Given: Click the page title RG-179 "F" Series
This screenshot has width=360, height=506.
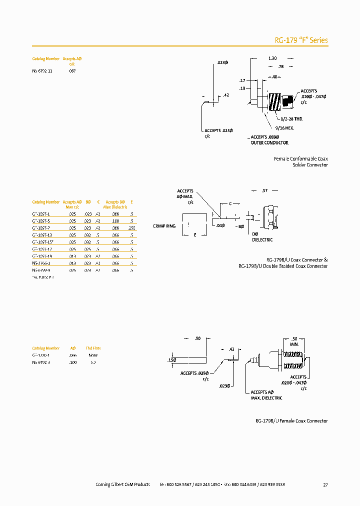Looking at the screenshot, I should click(x=301, y=40).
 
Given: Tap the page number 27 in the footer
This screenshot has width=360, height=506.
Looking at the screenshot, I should click(x=325, y=484).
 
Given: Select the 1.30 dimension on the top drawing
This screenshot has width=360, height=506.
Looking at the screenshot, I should click(x=272, y=58).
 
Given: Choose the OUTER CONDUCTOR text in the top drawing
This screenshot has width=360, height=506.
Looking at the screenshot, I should click(x=269, y=143).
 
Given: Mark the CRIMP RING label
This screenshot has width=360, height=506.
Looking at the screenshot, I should click(x=164, y=226).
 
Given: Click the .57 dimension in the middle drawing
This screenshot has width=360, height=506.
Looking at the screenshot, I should click(x=265, y=191).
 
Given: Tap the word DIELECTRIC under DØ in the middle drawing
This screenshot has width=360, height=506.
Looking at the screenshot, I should click(x=262, y=240).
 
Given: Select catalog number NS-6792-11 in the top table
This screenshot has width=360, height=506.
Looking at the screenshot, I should click(x=42, y=71).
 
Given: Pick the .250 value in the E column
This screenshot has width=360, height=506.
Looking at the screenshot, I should click(x=131, y=227).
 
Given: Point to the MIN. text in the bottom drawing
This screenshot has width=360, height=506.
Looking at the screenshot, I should click(x=294, y=344).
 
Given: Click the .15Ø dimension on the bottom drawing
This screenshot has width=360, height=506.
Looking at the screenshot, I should click(x=171, y=359).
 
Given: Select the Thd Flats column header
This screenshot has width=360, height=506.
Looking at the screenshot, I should click(x=93, y=348).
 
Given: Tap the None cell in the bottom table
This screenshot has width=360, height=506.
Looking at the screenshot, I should click(x=93, y=355).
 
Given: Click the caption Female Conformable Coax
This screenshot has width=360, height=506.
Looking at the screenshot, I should click(x=301, y=158).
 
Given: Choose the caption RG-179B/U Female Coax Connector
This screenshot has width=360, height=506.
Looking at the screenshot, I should click(x=291, y=421).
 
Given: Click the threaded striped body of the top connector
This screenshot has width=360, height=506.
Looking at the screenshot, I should click(x=275, y=102).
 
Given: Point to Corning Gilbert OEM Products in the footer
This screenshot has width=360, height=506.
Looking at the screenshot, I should click(x=122, y=484).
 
